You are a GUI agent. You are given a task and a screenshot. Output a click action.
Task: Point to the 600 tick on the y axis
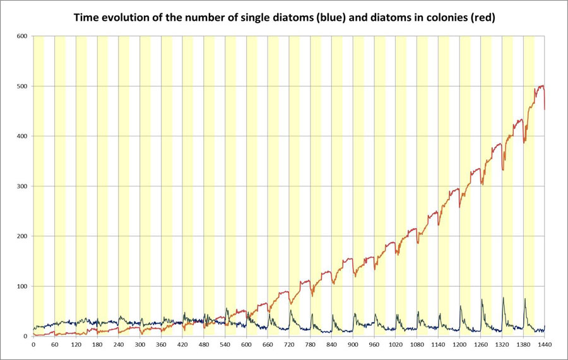coord(21,36)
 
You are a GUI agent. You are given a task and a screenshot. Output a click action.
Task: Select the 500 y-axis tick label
coord(21,86)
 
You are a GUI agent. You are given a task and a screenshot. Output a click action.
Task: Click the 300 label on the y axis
coord(21,186)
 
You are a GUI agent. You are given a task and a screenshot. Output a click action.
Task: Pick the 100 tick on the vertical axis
coord(21,287)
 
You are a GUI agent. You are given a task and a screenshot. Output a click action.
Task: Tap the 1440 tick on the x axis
coord(545,345)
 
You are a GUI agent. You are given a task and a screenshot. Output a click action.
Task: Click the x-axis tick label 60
coord(54,345)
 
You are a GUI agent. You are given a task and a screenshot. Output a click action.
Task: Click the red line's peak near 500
coord(541,86)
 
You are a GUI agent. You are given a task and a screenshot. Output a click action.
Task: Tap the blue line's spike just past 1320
coord(503,298)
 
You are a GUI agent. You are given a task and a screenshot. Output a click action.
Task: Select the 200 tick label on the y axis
coord(21,236)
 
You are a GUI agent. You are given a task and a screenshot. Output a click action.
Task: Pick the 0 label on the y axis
coord(25,337)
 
